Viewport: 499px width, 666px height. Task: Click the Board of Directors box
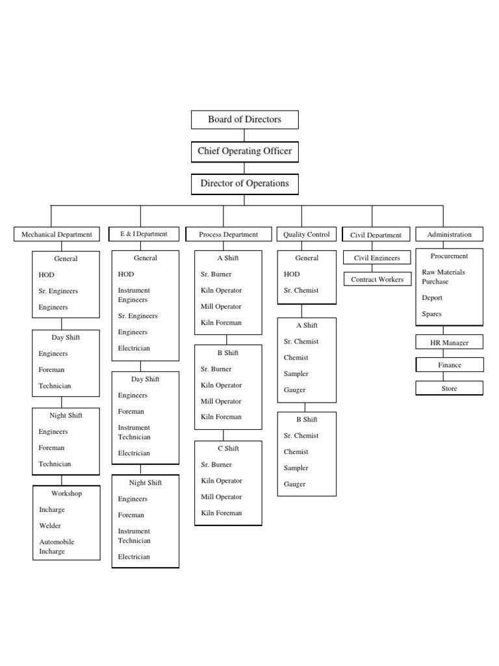pos(244,120)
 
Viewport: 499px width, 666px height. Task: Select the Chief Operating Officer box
pos(244,152)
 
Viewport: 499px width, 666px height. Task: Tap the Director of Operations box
pos(244,183)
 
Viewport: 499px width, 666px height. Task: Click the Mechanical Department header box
pos(57,235)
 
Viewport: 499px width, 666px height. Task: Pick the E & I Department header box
pos(143,234)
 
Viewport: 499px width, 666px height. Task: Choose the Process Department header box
pos(228,235)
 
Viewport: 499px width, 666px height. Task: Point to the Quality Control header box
pos(307,235)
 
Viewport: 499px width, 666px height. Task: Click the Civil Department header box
pos(376,235)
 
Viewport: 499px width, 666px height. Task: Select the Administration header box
pos(449,234)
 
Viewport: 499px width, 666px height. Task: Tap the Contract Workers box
pos(377,280)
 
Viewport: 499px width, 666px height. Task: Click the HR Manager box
pos(449,342)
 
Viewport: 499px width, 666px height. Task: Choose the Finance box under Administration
pos(449,365)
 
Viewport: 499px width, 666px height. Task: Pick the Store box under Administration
pos(449,388)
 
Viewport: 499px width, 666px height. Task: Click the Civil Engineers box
pos(377,258)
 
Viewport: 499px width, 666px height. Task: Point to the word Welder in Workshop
pos(51,526)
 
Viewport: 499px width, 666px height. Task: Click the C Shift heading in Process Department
pos(228,449)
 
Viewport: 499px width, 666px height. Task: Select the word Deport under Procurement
pos(432,298)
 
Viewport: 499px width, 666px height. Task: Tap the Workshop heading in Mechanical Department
pos(66,494)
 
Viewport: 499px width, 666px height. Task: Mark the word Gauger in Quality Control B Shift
pos(294,485)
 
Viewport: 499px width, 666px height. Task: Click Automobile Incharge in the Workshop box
pos(57,546)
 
